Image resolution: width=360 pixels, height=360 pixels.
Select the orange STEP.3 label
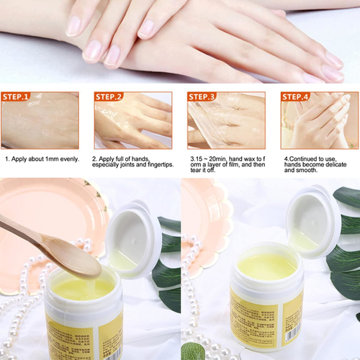(203, 96)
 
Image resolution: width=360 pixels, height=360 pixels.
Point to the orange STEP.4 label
(296, 96)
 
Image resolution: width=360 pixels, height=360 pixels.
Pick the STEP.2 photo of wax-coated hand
(132, 124)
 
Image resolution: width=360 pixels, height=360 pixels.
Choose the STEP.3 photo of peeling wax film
(225, 124)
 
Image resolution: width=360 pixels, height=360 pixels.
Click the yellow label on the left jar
(72, 338)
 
